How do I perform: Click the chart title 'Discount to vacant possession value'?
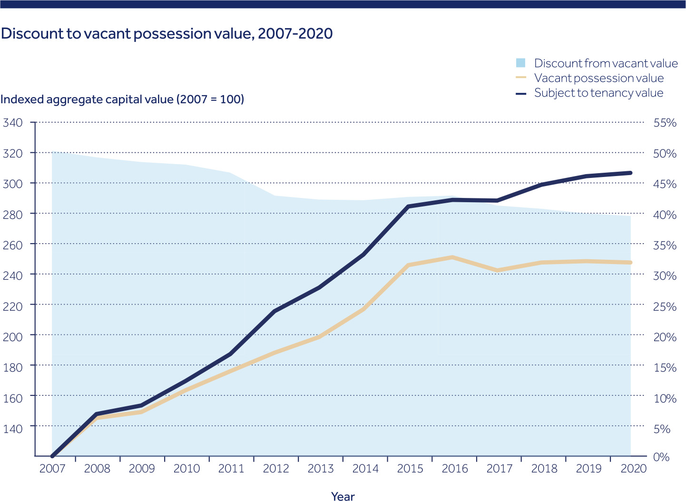(167, 34)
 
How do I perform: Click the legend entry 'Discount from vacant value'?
(606, 63)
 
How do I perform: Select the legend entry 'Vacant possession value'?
(598, 78)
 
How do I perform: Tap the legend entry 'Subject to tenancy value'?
(598, 93)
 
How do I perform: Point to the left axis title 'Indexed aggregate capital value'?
(122, 99)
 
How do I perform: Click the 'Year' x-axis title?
(343, 496)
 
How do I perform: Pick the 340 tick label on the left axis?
(13, 123)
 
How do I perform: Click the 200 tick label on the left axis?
(13, 335)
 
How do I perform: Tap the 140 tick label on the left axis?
(13, 428)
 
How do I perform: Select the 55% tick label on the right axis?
(665, 123)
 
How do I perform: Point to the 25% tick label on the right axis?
(665, 306)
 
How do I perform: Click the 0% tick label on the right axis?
(661, 457)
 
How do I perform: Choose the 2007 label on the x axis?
(52, 469)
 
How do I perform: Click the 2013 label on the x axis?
(321, 469)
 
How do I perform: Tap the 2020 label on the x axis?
(634, 469)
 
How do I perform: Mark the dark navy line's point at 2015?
(408, 206)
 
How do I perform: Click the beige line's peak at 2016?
(452, 257)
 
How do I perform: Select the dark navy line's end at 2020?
(630, 173)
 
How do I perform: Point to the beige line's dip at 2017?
(497, 270)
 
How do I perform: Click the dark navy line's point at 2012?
(274, 311)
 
